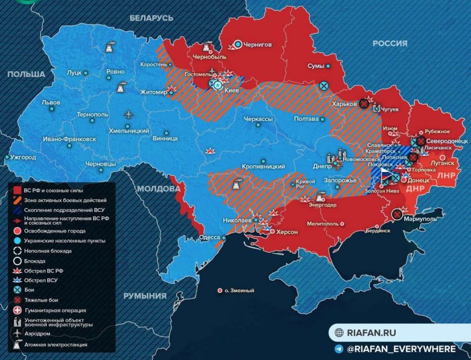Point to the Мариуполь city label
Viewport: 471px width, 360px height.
[421, 219]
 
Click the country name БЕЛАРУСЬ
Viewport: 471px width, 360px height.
[151, 18]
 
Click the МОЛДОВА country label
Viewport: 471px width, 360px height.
[159, 189]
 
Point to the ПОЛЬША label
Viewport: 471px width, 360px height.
[26, 74]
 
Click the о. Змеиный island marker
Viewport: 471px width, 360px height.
[239, 290]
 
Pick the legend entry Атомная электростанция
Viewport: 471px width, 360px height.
[56, 344]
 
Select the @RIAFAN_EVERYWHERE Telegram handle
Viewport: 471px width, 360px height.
[401, 349]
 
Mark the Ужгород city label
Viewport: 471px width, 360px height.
[23, 158]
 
